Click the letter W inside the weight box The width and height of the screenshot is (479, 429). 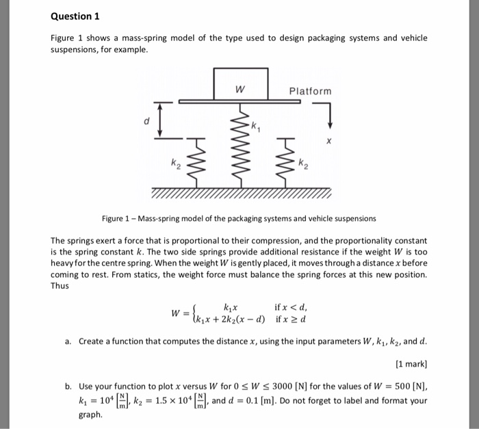239,89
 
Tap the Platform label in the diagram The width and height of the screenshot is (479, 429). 310,91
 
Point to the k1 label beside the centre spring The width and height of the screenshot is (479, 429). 255,127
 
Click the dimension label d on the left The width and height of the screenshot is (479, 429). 145,122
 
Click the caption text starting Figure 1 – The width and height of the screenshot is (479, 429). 239,219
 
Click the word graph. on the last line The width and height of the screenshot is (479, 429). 91,415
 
